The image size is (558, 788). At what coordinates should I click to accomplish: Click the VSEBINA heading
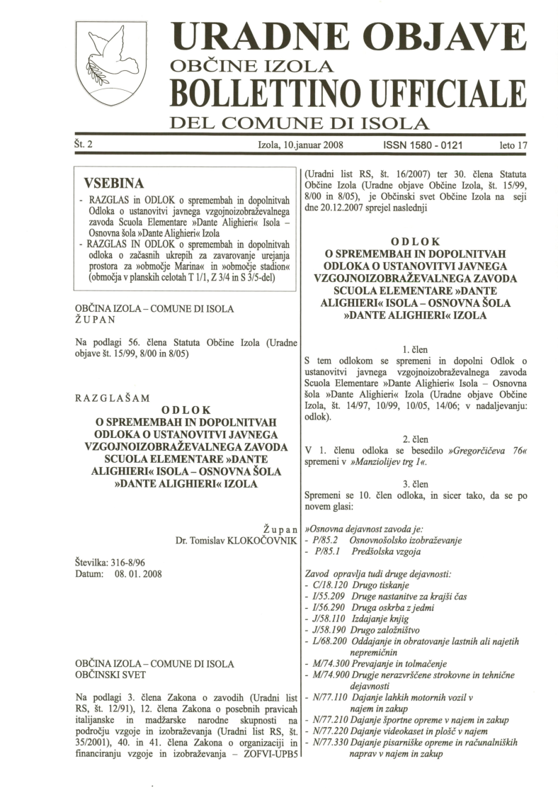pyautogui.click(x=113, y=182)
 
